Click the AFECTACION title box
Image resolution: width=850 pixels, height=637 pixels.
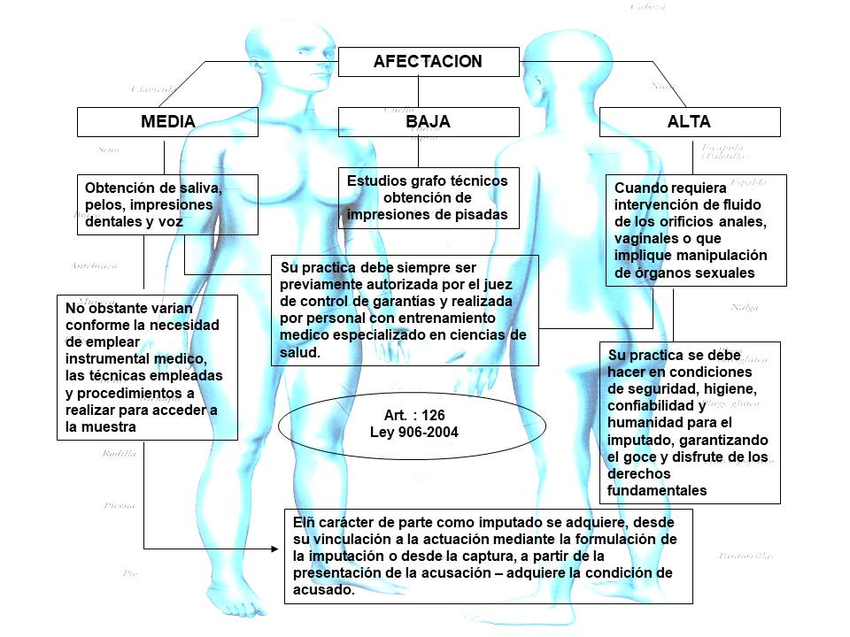[x=429, y=61]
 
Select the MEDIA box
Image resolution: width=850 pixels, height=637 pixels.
[x=167, y=122]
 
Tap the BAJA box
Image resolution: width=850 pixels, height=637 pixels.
[x=429, y=122]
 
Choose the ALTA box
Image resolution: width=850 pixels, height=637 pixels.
[x=689, y=122]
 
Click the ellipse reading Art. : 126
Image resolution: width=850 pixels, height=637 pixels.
[x=412, y=423]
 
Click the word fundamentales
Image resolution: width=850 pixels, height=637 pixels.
[x=657, y=489]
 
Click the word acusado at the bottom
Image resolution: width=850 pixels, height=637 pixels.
[x=324, y=590]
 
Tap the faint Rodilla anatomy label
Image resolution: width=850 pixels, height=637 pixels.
[x=120, y=454]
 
